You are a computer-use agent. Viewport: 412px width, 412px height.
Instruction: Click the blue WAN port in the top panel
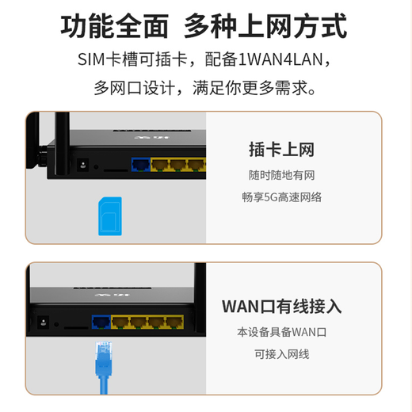point(139,165)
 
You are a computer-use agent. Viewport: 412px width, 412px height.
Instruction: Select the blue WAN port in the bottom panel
point(101,322)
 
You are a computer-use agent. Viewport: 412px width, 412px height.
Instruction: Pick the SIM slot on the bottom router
point(76,326)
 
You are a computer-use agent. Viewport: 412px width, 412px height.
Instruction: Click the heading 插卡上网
point(281,148)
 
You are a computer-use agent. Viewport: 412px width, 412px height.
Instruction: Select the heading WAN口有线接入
point(281,306)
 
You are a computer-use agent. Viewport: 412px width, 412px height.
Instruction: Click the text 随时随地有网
point(281,174)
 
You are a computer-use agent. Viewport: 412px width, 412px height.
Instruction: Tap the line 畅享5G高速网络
point(281,197)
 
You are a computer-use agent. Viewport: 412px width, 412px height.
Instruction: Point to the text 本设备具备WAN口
point(281,331)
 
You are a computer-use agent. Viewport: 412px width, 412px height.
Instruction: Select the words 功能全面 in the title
point(116,26)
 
